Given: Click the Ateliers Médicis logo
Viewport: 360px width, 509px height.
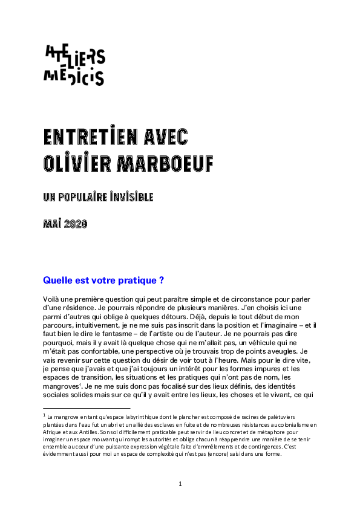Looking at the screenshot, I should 74,65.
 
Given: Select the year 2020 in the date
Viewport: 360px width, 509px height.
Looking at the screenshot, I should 76,224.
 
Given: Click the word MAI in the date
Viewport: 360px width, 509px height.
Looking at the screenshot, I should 52,224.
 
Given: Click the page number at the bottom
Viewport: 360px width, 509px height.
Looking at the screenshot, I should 180,484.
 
